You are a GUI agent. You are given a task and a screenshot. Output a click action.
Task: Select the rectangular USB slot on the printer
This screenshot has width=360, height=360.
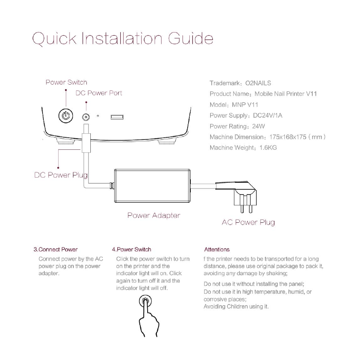(116, 117)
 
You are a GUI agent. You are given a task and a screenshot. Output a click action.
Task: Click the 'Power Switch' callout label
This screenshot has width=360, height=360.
(66, 82)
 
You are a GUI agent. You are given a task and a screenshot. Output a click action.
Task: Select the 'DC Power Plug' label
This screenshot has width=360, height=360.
(61, 175)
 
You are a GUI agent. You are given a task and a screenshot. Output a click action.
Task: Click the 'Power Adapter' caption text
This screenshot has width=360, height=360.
(154, 215)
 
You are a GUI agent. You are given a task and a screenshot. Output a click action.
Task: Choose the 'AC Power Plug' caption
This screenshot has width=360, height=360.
(248, 222)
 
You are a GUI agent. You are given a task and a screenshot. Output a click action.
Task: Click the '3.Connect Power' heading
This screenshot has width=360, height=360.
(56, 249)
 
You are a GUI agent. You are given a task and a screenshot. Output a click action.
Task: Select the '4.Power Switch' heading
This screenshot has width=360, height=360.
(132, 249)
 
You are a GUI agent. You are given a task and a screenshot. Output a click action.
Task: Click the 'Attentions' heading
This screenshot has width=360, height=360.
(217, 249)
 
